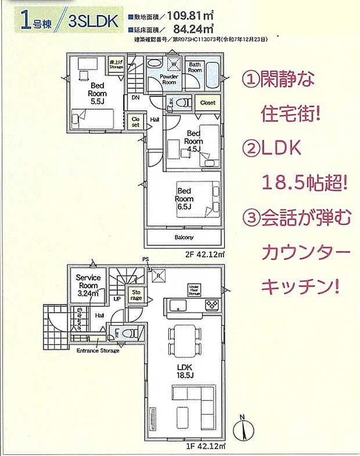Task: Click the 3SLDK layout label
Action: coord(92,23)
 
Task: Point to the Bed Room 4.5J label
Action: coord(193,141)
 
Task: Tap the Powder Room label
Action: coord(169,79)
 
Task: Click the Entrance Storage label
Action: coord(98,350)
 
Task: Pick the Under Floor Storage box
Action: coord(193,289)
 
